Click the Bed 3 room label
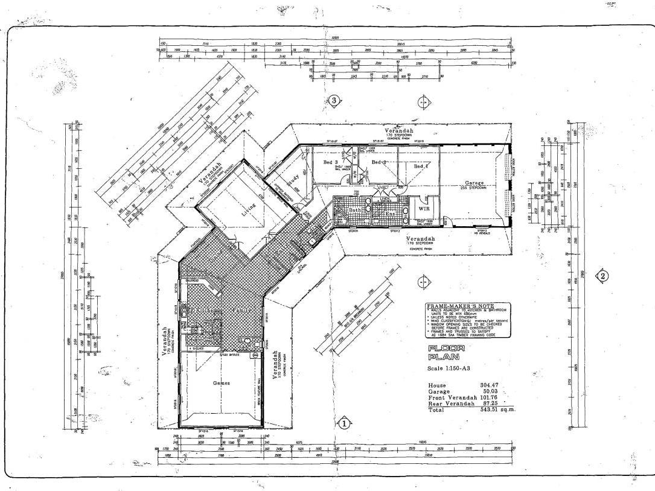click(331, 163)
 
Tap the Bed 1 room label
click(421, 165)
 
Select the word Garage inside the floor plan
click(475, 182)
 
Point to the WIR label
click(424, 208)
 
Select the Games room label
click(221, 382)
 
